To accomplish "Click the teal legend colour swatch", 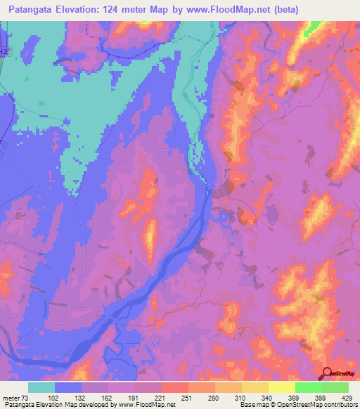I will tap(41, 387).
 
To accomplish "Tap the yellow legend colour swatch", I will tap(281, 387).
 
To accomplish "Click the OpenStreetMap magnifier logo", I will tap(327, 374).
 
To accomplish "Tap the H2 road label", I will tap(6, 52).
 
